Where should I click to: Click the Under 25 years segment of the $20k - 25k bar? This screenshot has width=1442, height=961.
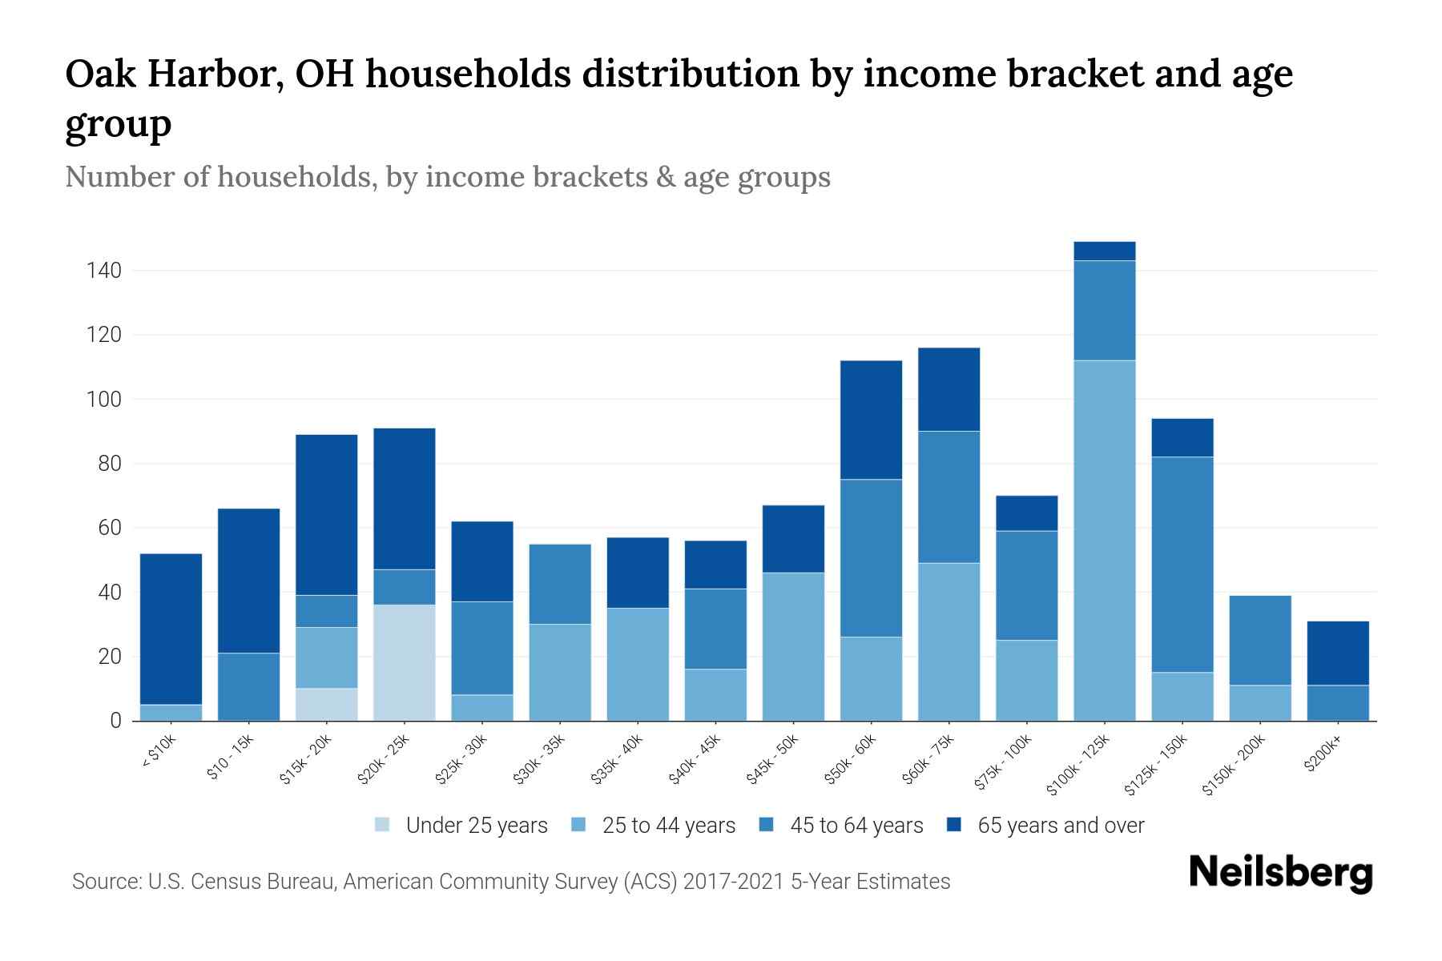click(x=405, y=662)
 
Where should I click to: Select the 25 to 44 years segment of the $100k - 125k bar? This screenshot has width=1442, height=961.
click(x=1104, y=541)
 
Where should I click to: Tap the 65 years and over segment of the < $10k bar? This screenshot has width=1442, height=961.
click(x=171, y=629)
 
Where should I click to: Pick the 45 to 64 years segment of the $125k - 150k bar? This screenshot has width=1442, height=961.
click(x=1182, y=565)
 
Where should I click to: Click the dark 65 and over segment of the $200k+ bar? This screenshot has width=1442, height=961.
click(x=1337, y=653)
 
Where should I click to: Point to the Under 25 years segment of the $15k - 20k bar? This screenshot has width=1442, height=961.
click(x=327, y=704)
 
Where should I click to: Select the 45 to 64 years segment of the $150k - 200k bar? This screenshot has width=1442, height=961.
click(x=1259, y=640)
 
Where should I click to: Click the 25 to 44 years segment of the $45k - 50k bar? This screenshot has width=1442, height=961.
click(x=793, y=646)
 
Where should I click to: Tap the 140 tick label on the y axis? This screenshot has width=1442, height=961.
click(x=104, y=271)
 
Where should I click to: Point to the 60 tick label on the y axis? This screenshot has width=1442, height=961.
click(x=110, y=528)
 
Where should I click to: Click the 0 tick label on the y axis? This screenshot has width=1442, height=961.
click(x=115, y=721)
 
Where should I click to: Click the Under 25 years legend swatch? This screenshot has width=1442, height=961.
click(x=383, y=825)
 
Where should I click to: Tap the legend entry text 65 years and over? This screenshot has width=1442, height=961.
click(x=1060, y=826)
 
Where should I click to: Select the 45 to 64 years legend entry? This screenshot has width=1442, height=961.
click(x=856, y=826)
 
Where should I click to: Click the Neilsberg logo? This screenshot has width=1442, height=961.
click(x=1280, y=873)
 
